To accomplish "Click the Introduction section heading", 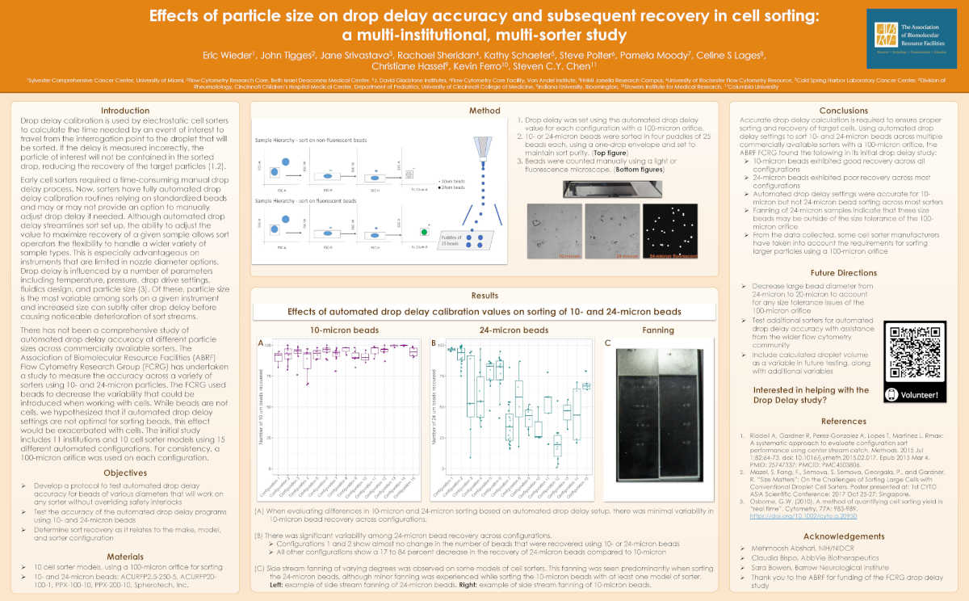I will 124,111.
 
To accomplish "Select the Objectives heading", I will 124,472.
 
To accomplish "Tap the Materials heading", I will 124,557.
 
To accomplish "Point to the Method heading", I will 484,111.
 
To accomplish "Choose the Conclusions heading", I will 843,111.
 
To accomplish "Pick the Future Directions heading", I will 843,273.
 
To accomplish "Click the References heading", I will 843,422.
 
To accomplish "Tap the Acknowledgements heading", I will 843,536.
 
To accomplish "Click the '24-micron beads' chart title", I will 514,330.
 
